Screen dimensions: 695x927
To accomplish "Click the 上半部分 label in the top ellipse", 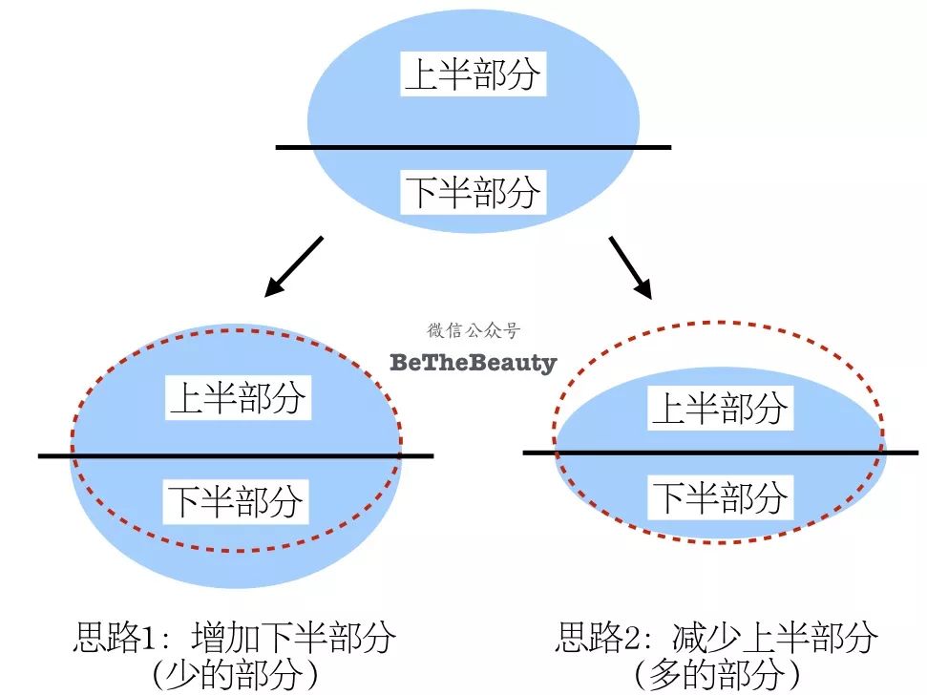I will (x=473, y=74).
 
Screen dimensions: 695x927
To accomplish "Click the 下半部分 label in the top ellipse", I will (x=473, y=192).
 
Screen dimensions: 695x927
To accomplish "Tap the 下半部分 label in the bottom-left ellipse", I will (x=237, y=500).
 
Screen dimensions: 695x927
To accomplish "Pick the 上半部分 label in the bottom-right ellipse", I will (x=719, y=408).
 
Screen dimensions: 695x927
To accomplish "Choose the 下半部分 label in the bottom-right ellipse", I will (x=719, y=496).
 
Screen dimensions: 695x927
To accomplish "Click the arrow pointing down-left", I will (x=294, y=265).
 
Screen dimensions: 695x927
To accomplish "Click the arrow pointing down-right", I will (x=631, y=266).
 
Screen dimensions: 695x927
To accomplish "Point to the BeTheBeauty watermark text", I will (x=473, y=363).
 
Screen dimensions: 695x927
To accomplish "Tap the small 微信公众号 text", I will (x=474, y=331).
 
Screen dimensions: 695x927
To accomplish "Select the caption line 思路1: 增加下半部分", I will (x=234, y=637).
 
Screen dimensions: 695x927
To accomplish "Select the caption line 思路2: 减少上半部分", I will (x=716, y=637).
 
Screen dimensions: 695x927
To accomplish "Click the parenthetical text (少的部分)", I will (x=234, y=675).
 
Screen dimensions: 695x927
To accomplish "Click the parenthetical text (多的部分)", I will (x=716, y=675).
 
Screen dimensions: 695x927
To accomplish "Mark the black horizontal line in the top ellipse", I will (x=473, y=147).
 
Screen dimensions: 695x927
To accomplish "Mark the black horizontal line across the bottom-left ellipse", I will (x=236, y=455).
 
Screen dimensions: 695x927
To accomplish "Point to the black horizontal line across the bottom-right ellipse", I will (x=719, y=452).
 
